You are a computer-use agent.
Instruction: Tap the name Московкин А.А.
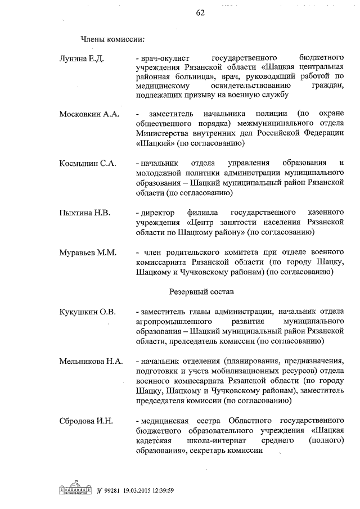tap(89, 114)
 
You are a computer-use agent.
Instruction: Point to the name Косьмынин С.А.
tap(88, 163)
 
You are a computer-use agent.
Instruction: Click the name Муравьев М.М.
tap(88, 253)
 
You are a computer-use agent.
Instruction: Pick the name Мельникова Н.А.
tap(91, 361)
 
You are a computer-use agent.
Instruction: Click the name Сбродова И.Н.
tap(87, 421)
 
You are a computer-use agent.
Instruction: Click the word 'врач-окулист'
tap(168, 58)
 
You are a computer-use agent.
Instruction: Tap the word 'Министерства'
tap(164, 134)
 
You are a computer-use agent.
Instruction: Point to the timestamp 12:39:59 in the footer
tap(159, 490)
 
